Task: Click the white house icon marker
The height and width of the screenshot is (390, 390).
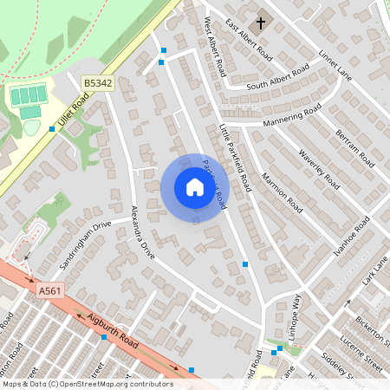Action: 194,187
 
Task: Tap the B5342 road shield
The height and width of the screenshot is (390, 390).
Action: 98,83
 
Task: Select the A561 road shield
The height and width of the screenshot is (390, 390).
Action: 50,295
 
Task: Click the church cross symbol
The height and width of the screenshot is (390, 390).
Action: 261,21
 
